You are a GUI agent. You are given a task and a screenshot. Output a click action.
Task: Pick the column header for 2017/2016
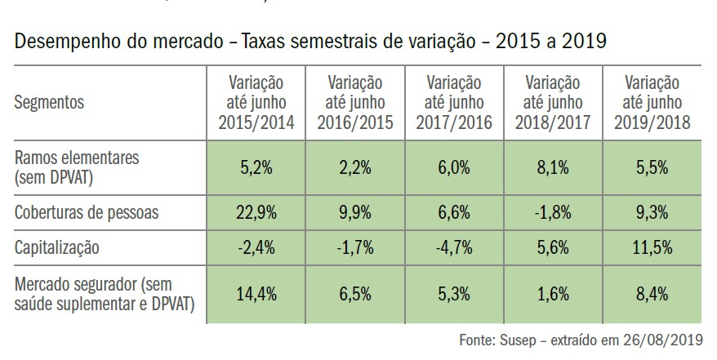coord(453,103)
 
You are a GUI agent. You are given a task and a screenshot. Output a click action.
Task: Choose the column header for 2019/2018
coord(651,103)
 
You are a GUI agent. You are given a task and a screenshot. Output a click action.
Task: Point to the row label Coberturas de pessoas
coord(85,212)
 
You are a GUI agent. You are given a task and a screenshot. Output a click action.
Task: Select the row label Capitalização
coord(57,246)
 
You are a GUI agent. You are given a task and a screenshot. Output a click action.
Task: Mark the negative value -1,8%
coord(552,212)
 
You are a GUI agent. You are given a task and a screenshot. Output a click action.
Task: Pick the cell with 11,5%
coord(651,246)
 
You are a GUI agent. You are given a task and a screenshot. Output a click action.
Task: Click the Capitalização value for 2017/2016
coord(453,246)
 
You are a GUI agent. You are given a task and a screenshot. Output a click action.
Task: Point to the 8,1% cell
coord(552,167)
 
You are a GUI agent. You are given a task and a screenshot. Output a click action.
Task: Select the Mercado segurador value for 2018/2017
coord(552,292)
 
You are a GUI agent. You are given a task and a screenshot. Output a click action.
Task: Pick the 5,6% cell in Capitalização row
coord(552,246)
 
